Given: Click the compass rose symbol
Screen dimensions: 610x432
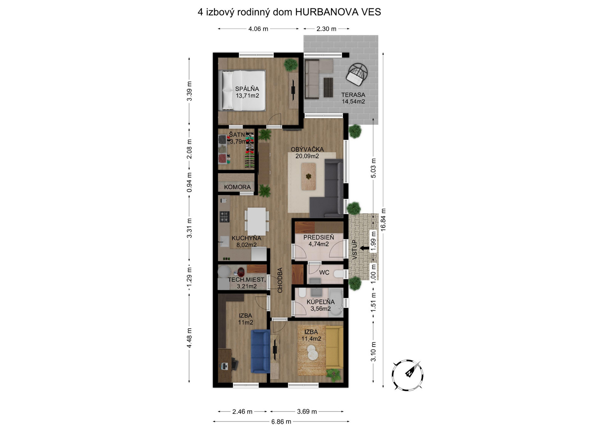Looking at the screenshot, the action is pyautogui.click(x=407, y=375).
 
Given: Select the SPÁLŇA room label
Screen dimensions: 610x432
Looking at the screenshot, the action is pyautogui.click(x=247, y=89).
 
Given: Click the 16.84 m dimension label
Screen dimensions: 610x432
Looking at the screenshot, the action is pyautogui.click(x=383, y=219).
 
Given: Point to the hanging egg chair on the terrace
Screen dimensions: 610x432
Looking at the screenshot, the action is pyautogui.click(x=357, y=74).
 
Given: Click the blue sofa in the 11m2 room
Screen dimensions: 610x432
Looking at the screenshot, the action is pyautogui.click(x=260, y=351).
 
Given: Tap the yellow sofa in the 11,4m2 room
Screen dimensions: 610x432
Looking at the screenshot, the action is pyautogui.click(x=335, y=347).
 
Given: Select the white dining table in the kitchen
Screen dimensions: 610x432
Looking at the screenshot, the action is pyautogui.click(x=257, y=221).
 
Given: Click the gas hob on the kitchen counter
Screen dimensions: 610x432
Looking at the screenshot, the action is pyautogui.click(x=224, y=217).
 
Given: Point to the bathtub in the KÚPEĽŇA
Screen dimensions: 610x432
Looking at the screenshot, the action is pyautogui.click(x=336, y=302).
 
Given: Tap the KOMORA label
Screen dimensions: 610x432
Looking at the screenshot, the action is pyautogui.click(x=237, y=187).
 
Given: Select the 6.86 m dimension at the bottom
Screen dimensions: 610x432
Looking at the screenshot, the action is pyautogui.click(x=281, y=422).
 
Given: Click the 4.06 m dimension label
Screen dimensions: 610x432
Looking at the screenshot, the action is pyautogui.click(x=258, y=29).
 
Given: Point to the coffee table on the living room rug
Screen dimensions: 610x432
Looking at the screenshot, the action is pyautogui.click(x=308, y=177).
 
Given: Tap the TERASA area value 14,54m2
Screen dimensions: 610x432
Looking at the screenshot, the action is pyautogui.click(x=353, y=101).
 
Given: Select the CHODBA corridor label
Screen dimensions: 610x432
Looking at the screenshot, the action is pyautogui.click(x=280, y=280).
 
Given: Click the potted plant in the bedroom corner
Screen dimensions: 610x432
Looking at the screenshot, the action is pyautogui.click(x=291, y=65).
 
